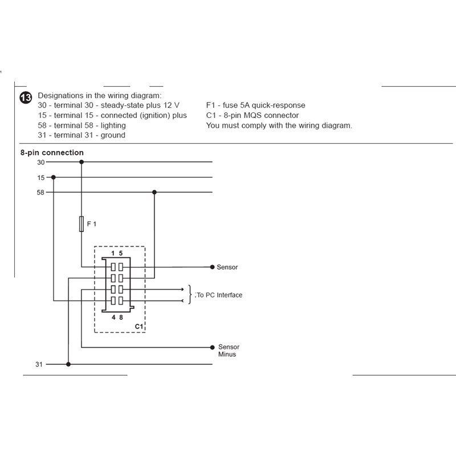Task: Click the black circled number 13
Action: tap(26, 97)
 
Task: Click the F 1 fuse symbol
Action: tap(82, 224)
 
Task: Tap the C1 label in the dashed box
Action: tap(139, 326)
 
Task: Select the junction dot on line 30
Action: tap(82, 162)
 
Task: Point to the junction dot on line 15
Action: tap(53, 177)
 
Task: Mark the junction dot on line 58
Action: tap(154, 192)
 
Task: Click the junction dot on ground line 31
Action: tap(68, 364)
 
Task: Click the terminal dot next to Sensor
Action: tap(212, 267)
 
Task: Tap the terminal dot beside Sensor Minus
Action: tap(212, 347)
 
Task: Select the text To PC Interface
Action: tap(219, 295)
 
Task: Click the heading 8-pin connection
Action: tap(52, 153)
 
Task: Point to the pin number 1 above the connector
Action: tap(113, 253)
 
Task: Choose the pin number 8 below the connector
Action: tap(121, 317)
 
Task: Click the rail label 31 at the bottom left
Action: tap(39, 364)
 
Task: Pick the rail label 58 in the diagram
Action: tap(40, 193)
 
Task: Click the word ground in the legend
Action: tap(113, 136)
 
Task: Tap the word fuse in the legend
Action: tap(230, 105)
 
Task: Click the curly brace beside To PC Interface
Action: tap(190, 295)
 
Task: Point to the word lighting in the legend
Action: tap(113, 125)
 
